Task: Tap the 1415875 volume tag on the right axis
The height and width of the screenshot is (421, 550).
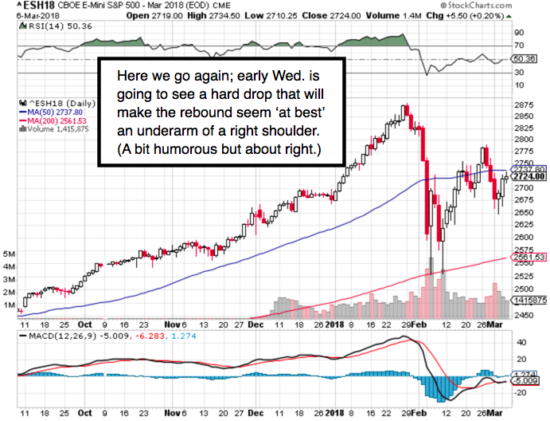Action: [x=528, y=300]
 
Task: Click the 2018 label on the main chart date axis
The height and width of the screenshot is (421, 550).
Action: [x=333, y=325]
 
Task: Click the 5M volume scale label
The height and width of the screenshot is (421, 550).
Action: [x=10, y=254]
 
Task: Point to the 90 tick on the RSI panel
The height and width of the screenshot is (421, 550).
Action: [x=518, y=32]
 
